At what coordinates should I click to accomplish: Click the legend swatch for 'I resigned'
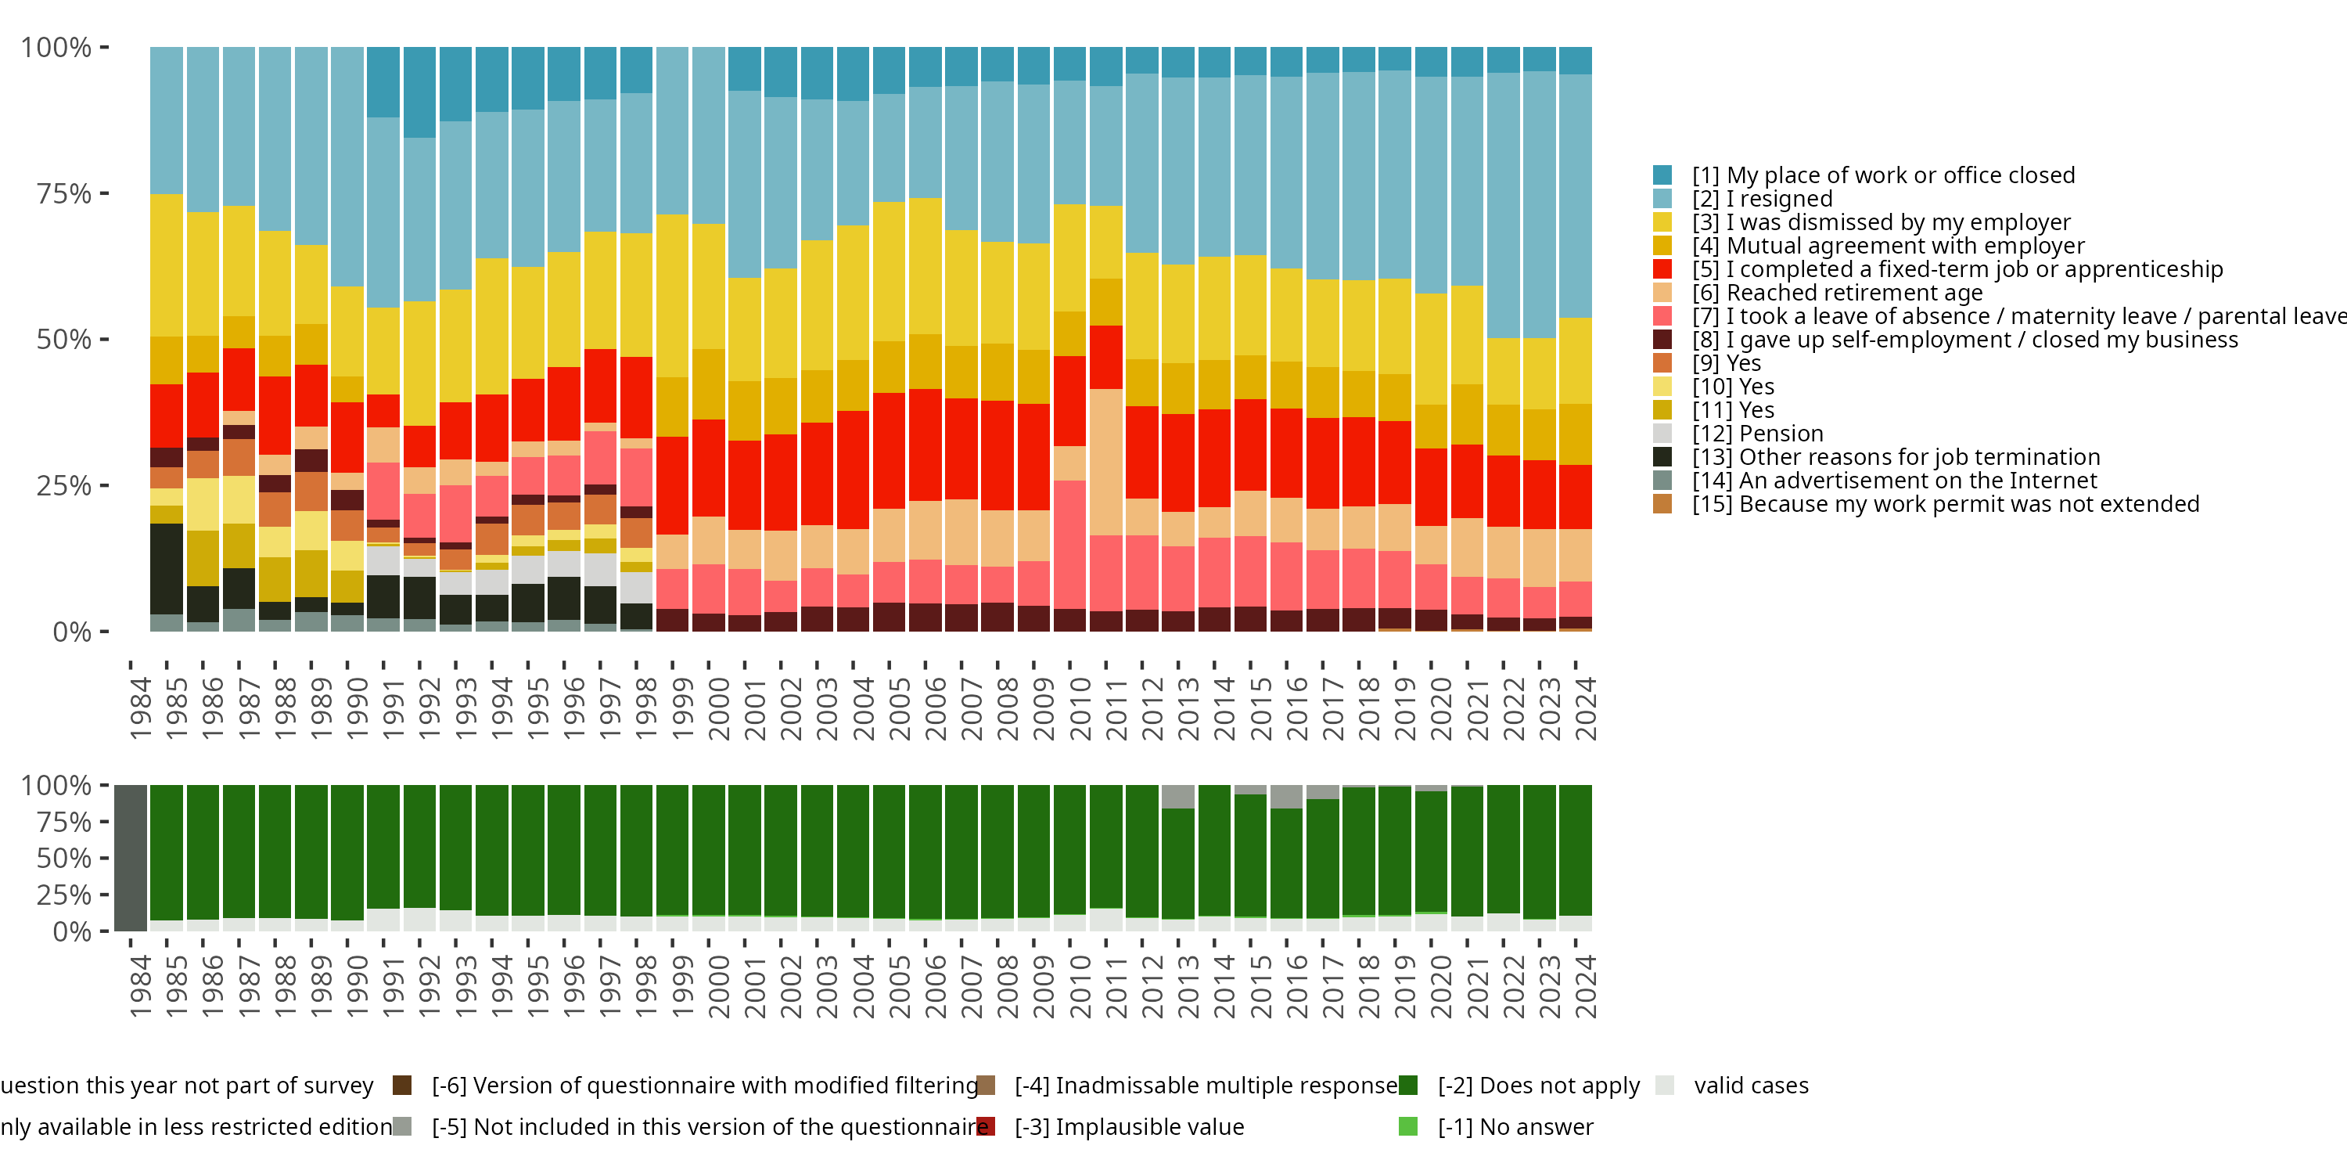(x=1662, y=199)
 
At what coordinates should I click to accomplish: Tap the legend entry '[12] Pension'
(x=1758, y=434)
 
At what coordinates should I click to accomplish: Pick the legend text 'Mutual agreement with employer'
(x=1905, y=246)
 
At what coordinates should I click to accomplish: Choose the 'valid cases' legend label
(x=1751, y=1086)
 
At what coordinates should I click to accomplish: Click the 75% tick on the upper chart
(x=64, y=193)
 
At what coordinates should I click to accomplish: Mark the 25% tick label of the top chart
(x=64, y=486)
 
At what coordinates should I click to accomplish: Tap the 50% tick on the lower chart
(x=64, y=859)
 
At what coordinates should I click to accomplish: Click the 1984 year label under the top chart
(x=140, y=708)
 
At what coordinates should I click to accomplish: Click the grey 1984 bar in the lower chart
(x=131, y=858)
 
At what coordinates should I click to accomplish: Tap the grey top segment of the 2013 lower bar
(x=1178, y=796)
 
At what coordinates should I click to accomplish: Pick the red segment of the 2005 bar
(x=890, y=450)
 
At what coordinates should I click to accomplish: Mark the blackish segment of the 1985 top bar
(x=167, y=569)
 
